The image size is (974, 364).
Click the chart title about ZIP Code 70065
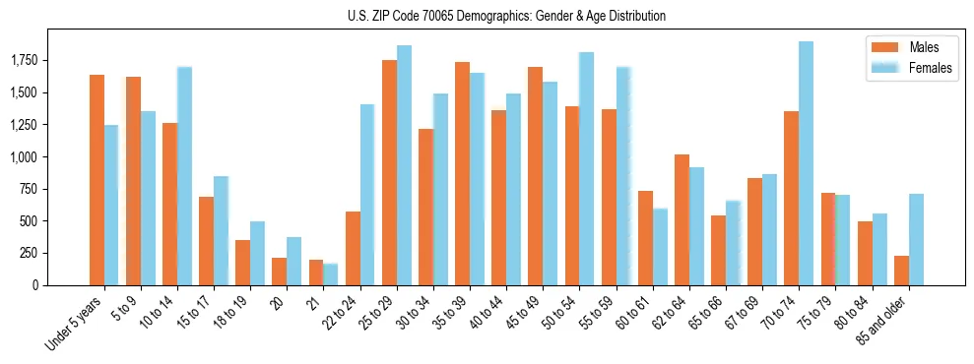pos(506,16)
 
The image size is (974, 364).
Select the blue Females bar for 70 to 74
pos(806,163)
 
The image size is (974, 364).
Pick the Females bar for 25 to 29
pos(404,165)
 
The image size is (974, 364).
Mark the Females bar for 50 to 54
pos(586,168)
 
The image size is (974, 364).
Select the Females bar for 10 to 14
pos(184,176)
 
